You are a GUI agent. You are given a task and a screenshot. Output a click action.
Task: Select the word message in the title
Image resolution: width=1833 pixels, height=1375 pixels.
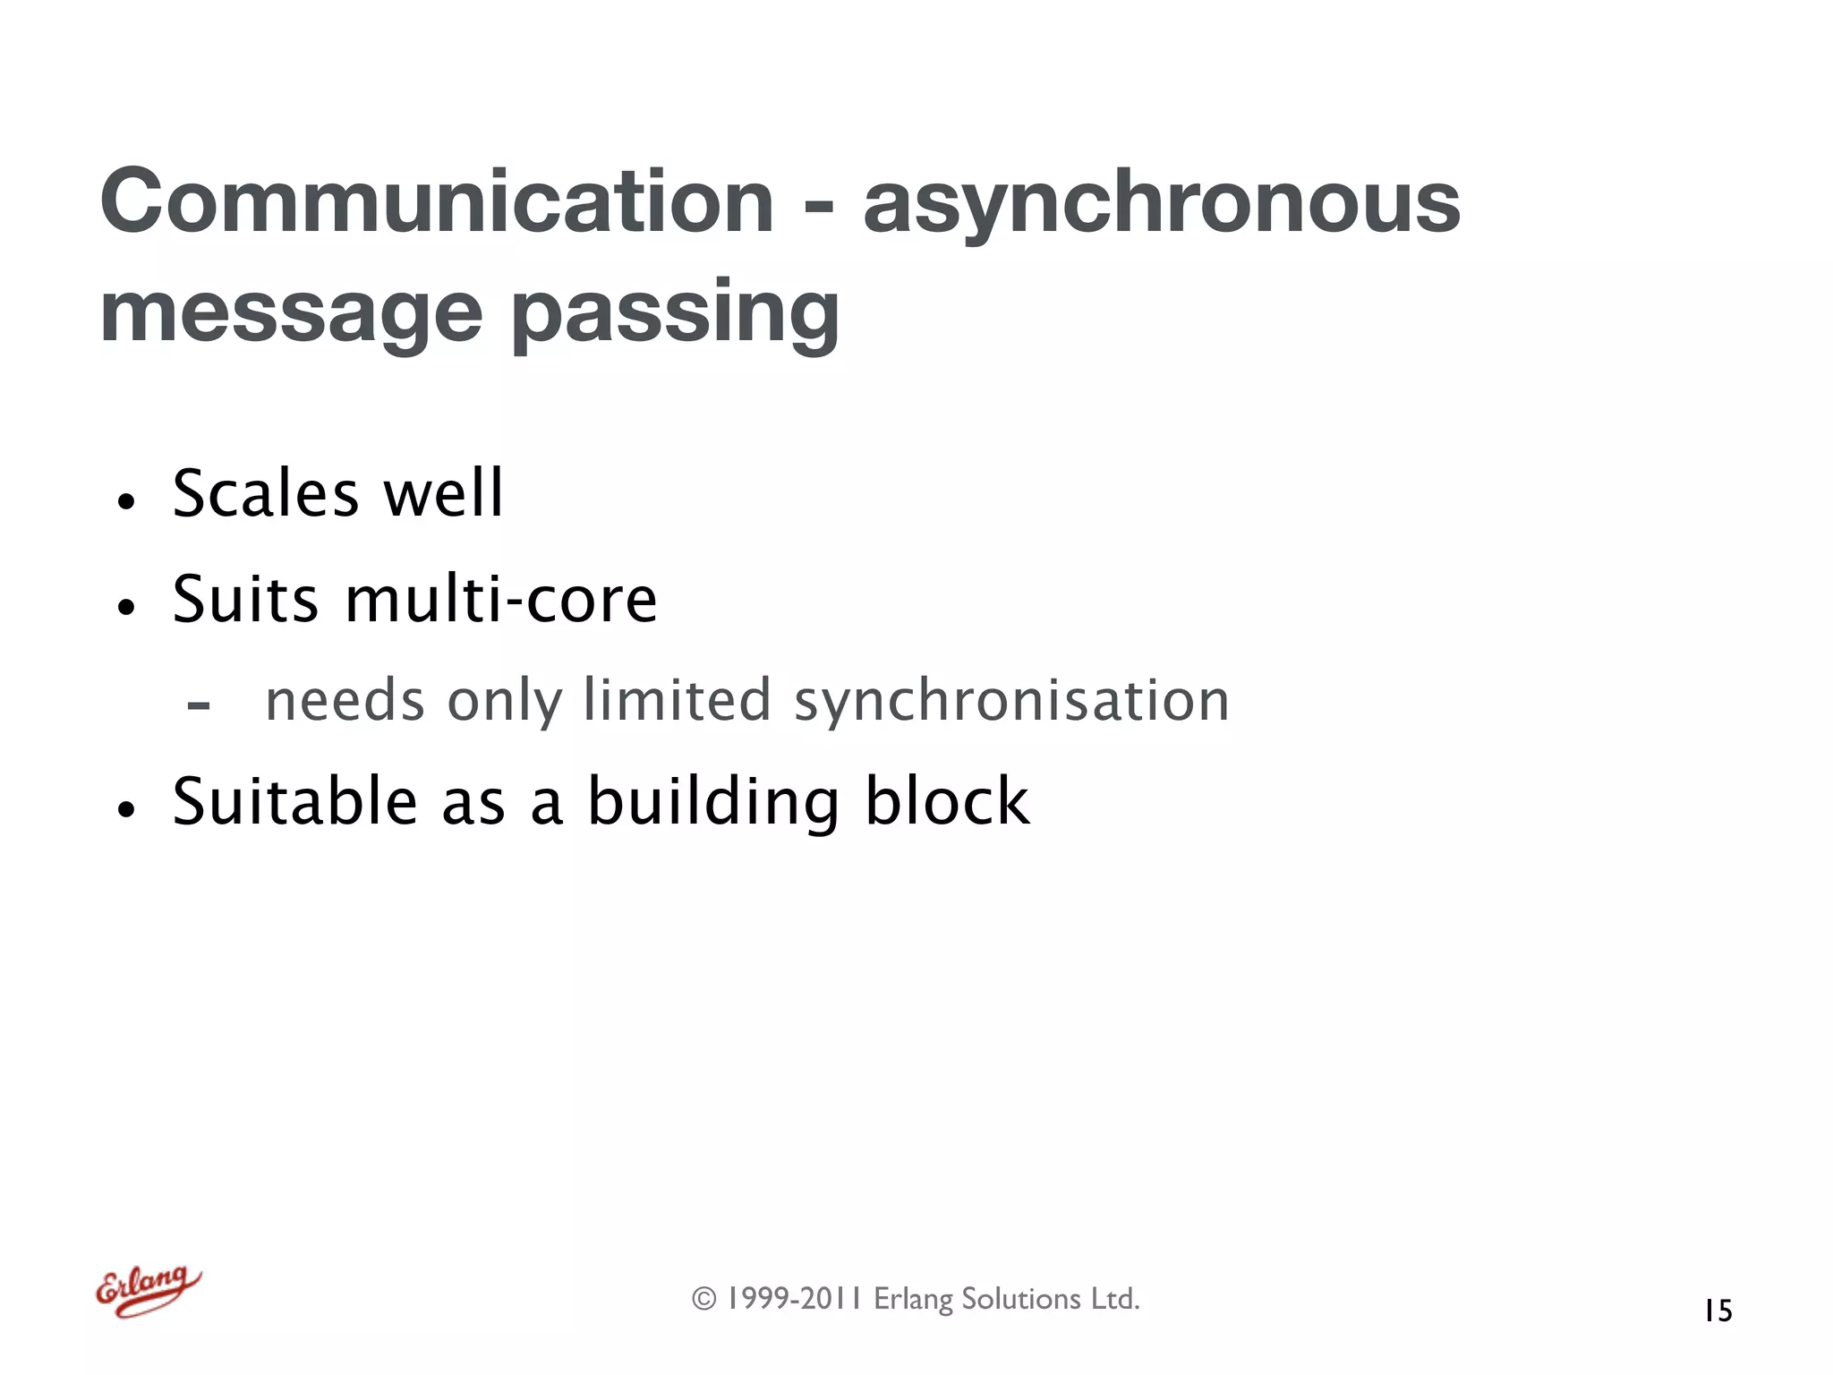coord(292,313)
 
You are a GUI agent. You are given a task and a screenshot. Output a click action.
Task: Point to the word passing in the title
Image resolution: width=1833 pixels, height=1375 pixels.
coord(676,315)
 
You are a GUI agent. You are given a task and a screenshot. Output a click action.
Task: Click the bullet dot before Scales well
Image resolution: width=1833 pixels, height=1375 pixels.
coord(126,501)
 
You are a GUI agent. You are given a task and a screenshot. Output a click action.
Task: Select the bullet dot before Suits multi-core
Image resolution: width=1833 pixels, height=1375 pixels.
coord(126,607)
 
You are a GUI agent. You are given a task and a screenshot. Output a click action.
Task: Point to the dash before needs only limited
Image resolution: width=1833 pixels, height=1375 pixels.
coord(199,706)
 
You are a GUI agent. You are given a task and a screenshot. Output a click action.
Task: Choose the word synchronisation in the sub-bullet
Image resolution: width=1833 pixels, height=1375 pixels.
coord(1011,701)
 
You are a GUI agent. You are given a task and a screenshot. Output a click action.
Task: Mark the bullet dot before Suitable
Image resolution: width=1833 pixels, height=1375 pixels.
coord(126,809)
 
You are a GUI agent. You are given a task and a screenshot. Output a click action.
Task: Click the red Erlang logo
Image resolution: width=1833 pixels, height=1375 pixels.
coord(149,1290)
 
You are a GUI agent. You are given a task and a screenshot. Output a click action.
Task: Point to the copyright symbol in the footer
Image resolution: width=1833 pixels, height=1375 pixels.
coord(704,1299)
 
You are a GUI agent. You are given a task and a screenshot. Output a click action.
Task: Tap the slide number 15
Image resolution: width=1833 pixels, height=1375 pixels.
coord(1718,1311)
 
